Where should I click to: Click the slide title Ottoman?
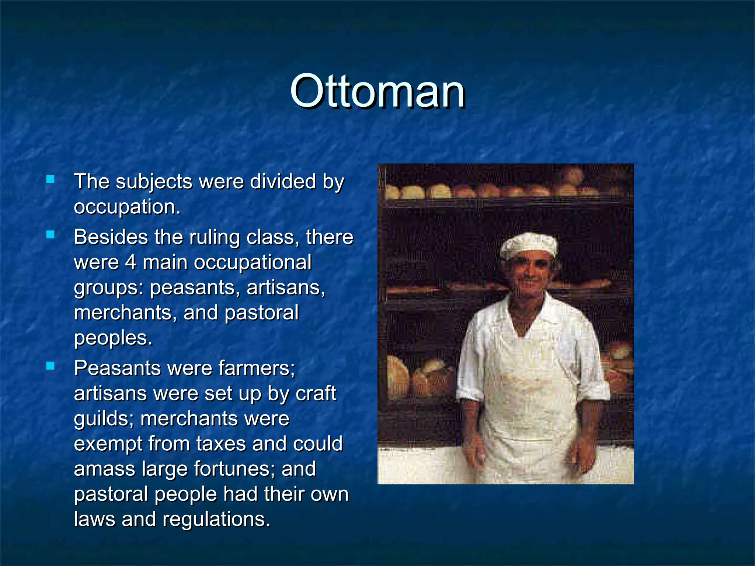(x=377, y=91)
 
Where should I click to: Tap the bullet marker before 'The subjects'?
(x=51, y=179)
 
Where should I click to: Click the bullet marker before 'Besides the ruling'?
(x=51, y=235)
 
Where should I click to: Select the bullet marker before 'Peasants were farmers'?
(x=51, y=366)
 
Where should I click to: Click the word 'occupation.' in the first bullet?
(x=127, y=207)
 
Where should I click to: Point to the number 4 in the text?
(x=131, y=262)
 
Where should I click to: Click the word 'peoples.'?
(x=113, y=338)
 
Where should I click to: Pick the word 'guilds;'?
(x=104, y=419)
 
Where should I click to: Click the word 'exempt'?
(x=108, y=444)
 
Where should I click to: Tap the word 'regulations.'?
(x=216, y=520)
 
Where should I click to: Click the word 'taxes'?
(x=221, y=444)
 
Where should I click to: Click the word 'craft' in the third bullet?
(x=316, y=394)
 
